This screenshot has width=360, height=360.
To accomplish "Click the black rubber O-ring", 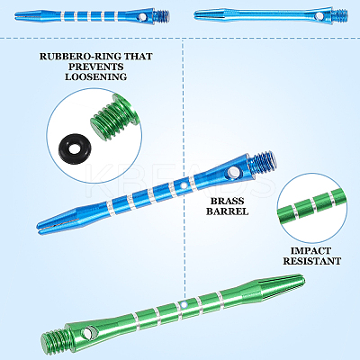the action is [74, 148].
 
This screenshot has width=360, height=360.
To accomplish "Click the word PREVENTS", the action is [96, 67].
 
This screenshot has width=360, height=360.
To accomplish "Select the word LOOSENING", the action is [96, 76].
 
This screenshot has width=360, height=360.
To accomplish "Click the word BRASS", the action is [227, 201].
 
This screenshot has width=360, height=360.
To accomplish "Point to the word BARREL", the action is [227, 211].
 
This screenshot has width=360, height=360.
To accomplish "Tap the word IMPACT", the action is [310, 251].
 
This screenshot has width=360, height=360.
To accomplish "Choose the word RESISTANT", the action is [312, 261].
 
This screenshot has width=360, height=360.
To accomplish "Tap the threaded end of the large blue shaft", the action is [265, 161].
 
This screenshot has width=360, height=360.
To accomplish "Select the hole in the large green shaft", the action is [89, 332].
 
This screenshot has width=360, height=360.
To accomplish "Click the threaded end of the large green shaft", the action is [53, 337].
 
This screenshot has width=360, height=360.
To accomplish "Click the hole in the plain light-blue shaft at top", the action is [320, 15].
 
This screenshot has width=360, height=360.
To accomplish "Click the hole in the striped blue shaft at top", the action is [141, 17].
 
